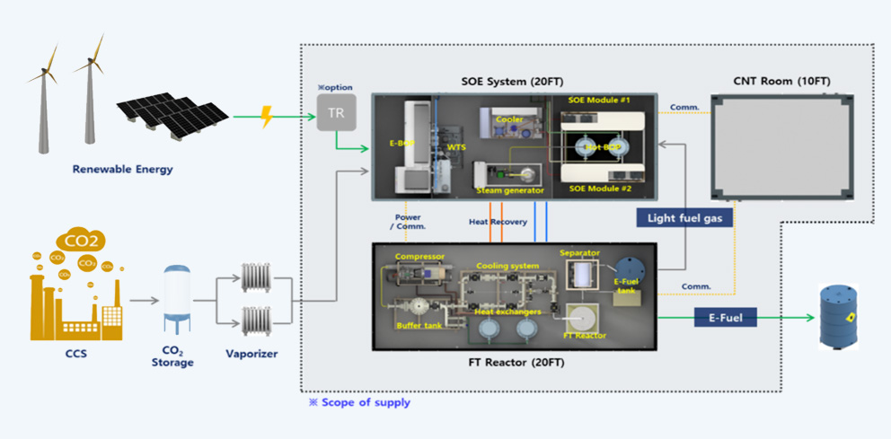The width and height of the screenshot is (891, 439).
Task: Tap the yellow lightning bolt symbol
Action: (266, 117)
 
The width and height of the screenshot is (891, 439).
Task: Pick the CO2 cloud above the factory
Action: (82, 241)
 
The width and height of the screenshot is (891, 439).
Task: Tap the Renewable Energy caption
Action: (123, 169)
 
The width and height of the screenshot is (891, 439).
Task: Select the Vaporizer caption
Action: (252, 354)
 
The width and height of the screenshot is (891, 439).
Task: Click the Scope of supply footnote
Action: (360, 402)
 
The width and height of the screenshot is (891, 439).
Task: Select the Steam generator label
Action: (510, 190)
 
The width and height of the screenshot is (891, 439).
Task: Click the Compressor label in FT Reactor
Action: (419, 257)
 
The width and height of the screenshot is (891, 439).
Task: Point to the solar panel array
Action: (171, 114)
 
